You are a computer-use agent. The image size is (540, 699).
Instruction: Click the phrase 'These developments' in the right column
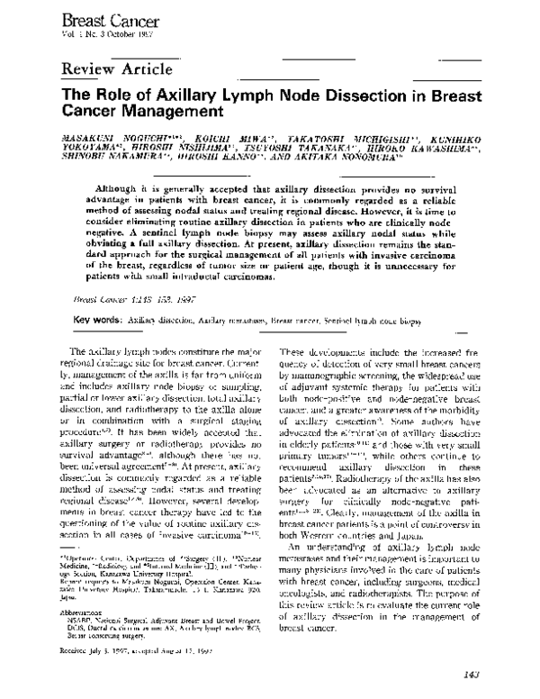pyautogui.click(x=316, y=349)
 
